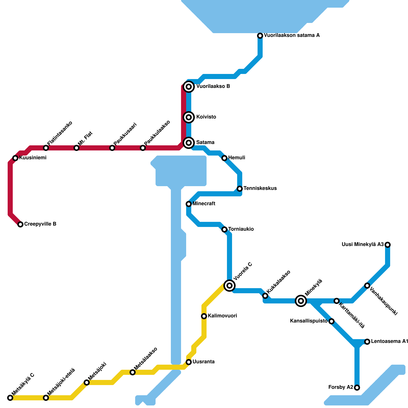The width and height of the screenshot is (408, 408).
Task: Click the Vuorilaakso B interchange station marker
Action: [189, 87]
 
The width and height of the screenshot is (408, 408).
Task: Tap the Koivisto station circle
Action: [189, 117]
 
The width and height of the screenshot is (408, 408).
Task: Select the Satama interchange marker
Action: [189, 143]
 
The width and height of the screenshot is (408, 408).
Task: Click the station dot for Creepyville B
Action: [20, 224]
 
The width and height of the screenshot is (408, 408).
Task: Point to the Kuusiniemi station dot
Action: [15, 158]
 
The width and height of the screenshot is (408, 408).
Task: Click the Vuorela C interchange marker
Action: [229, 285]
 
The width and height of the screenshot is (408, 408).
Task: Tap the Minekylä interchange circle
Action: [301, 301]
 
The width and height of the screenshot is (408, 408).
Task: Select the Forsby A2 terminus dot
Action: [357, 388]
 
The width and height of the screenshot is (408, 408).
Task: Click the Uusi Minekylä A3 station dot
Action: [388, 245]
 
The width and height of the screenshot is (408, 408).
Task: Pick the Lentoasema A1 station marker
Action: [367, 342]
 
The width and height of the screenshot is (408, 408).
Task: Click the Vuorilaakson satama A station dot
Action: [260, 36]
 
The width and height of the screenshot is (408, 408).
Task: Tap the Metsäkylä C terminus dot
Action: [10, 398]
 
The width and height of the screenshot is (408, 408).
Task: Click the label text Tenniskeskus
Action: [260, 188]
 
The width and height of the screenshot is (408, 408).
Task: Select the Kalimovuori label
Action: [222, 316]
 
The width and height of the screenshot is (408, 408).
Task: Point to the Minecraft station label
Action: [204, 204]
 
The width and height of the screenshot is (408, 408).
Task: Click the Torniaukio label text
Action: [241, 229]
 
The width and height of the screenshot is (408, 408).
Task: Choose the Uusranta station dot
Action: [189, 362]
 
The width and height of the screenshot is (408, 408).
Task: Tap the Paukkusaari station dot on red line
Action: [112, 148]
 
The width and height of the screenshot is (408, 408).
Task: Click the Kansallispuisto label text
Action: [309, 321]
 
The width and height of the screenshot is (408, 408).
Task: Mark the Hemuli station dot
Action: [224, 158]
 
